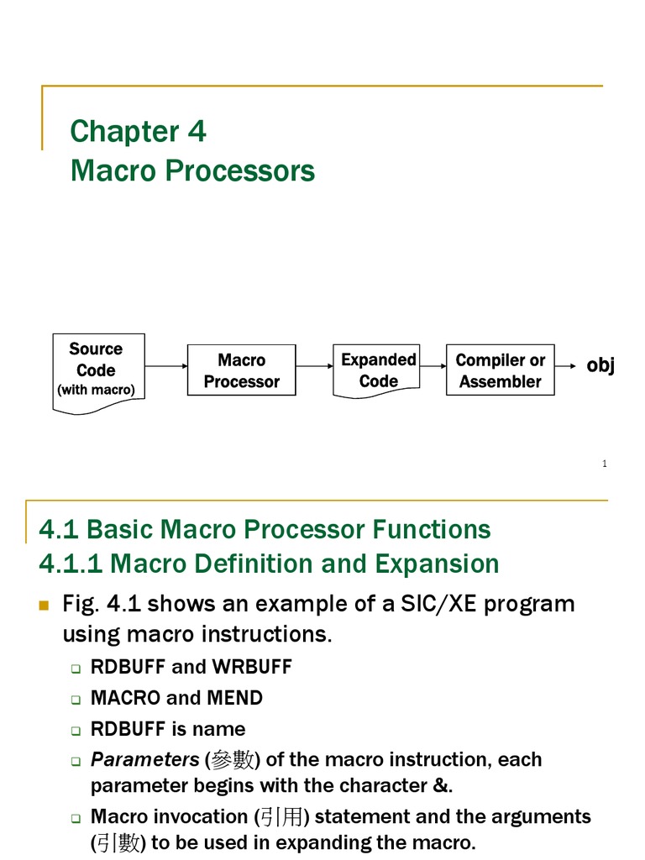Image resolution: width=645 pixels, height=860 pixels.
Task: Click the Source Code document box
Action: click(x=99, y=370)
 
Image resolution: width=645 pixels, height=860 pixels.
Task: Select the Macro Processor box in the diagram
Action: click(x=241, y=370)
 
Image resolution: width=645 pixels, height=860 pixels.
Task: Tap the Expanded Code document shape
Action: click(x=378, y=370)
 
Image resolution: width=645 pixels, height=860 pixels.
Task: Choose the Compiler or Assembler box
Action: click(x=500, y=370)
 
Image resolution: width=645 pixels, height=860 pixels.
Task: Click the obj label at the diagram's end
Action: click(x=600, y=365)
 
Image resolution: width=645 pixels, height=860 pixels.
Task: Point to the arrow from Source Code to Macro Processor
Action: click(x=166, y=366)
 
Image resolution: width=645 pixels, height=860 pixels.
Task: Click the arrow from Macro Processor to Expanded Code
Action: click(x=314, y=366)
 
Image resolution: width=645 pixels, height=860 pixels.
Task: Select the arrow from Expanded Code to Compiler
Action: click(x=433, y=366)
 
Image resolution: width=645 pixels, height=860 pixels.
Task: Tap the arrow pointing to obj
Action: click(x=567, y=366)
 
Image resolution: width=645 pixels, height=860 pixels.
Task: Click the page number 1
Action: click(x=604, y=464)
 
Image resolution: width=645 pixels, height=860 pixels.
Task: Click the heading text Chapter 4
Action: click(x=138, y=132)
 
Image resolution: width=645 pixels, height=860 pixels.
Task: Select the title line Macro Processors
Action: click(x=192, y=170)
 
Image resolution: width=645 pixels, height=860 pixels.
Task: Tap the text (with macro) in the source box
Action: click(x=96, y=391)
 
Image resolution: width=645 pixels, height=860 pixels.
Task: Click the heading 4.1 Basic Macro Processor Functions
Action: click(x=265, y=529)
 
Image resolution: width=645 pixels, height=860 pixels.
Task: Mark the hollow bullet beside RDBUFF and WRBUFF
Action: click(x=76, y=669)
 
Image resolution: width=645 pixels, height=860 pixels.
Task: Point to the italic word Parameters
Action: click(x=144, y=759)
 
